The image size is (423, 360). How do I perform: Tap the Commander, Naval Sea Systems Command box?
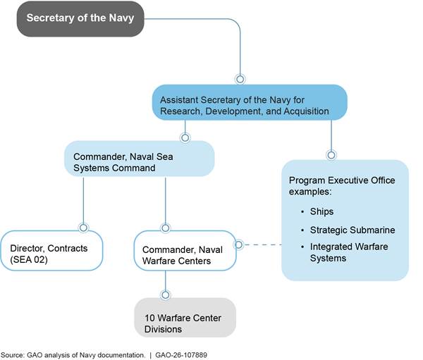139,159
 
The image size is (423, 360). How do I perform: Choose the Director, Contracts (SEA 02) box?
51,249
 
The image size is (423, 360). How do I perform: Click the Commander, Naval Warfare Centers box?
185,249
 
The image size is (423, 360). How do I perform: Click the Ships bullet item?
322,211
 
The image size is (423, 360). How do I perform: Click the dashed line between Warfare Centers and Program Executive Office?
261,245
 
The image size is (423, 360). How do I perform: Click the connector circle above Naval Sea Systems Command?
185,137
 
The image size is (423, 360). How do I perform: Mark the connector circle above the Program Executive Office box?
331,154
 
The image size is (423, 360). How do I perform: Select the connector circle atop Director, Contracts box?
84,228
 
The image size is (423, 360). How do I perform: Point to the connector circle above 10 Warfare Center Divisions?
166,294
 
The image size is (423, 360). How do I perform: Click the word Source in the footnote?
12,354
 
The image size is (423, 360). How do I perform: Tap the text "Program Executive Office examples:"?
341,185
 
